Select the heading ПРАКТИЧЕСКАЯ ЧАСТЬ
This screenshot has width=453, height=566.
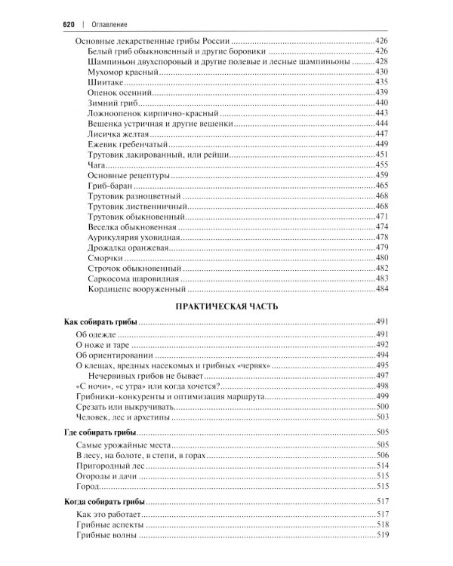226,306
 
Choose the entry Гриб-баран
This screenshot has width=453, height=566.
110,185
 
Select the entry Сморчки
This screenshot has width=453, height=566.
106,257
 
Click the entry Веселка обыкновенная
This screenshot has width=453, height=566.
132,226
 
